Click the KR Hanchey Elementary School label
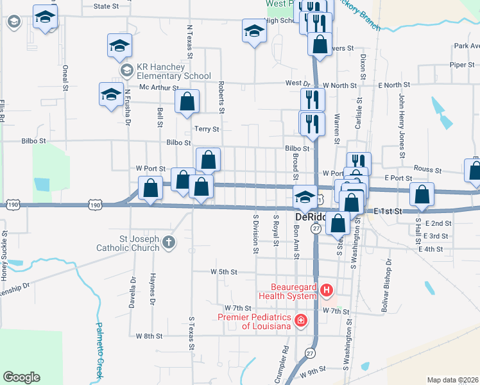(166, 71)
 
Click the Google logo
(21, 377)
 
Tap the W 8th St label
(149, 336)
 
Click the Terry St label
(207, 129)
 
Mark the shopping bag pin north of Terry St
(187, 101)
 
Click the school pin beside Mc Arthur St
(111, 94)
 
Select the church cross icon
(167, 242)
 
